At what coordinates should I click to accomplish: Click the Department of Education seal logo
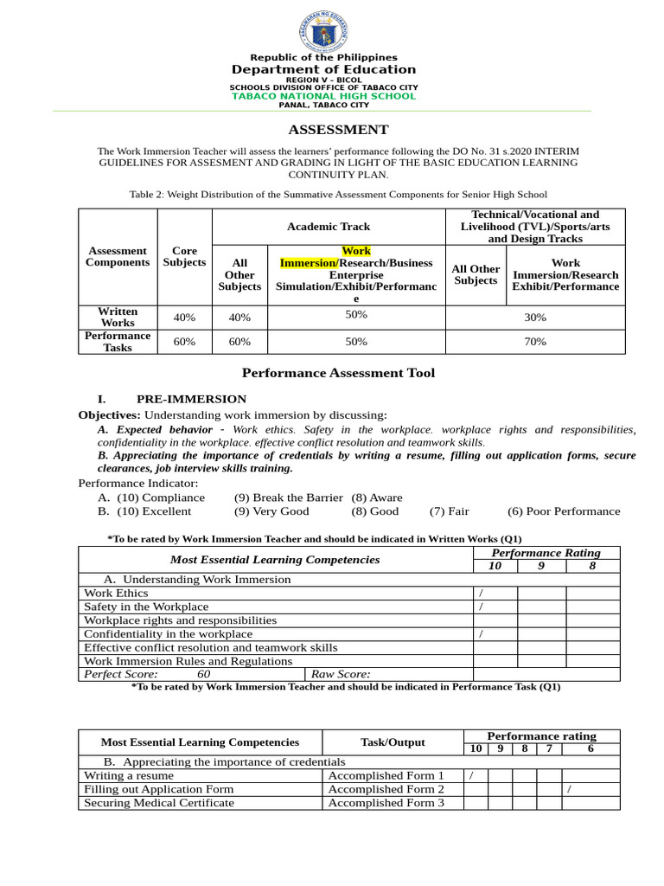coord(323,32)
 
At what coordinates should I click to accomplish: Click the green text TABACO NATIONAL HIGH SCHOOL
coord(323,96)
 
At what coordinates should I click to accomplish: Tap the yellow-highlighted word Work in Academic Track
coord(356,251)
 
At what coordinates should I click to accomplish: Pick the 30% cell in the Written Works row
coord(535,318)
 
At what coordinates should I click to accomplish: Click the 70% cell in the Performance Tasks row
coord(535,342)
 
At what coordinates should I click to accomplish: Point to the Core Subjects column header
coord(184,256)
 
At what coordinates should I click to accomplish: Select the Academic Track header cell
coord(329,227)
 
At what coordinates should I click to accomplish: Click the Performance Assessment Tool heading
coord(338,373)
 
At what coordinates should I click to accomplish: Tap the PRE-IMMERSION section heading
coord(191,399)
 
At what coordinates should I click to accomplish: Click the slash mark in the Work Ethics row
coord(481,594)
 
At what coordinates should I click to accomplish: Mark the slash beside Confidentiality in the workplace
coord(481,634)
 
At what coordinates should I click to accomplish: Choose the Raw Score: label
coord(341,674)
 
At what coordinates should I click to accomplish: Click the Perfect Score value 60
coord(203,674)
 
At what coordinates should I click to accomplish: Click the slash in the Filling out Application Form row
coord(568,789)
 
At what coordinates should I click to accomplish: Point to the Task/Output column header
coord(393,742)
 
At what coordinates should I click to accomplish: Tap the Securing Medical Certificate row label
coord(159,803)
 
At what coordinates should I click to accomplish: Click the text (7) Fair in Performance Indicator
coord(449,511)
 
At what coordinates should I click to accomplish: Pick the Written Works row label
coord(118,317)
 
